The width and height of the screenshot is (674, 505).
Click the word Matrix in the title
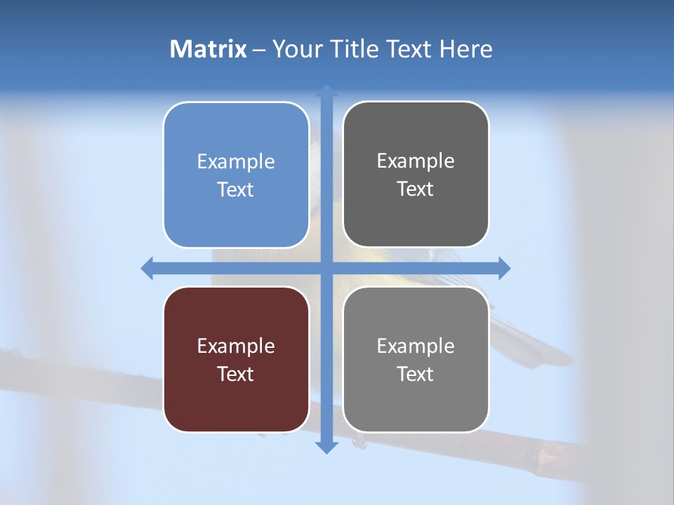(x=208, y=49)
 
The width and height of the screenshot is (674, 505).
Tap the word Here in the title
(x=465, y=49)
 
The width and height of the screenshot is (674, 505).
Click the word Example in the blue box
(x=236, y=161)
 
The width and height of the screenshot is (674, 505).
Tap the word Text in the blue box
(x=236, y=189)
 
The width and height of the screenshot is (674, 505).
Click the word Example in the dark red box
(x=236, y=346)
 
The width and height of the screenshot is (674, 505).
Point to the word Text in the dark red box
(x=236, y=374)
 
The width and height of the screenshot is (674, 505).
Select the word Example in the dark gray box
(x=416, y=161)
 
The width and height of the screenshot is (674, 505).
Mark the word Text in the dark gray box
(x=416, y=189)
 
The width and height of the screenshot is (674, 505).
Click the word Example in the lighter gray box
(x=416, y=346)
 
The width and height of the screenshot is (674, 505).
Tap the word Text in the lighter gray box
(x=416, y=374)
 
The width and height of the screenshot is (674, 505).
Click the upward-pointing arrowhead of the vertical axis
(x=326, y=90)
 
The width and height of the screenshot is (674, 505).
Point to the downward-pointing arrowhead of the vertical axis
(x=326, y=447)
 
